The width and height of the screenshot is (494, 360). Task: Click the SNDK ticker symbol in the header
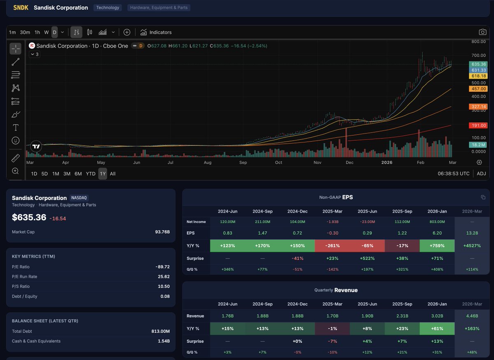click(x=21, y=7)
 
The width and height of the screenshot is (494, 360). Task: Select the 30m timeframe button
click(x=25, y=32)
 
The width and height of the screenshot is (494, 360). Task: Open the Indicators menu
click(x=156, y=32)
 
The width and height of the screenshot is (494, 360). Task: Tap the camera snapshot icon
click(x=482, y=32)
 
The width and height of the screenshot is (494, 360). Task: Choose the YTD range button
click(x=91, y=174)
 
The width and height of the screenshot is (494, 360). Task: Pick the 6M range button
click(x=78, y=174)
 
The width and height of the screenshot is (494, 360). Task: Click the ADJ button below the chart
click(x=481, y=174)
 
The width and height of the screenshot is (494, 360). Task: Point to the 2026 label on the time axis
click(x=387, y=163)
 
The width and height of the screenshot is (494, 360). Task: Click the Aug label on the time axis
click(x=207, y=163)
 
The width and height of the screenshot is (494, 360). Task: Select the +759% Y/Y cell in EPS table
click(x=437, y=246)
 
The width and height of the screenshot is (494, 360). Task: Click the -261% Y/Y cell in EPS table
click(x=333, y=246)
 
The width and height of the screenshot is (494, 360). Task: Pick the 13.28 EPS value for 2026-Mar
click(x=472, y=233)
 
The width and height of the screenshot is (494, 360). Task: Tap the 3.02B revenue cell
click(x=437, y=316)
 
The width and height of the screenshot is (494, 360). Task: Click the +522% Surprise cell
click(x=368, y=258)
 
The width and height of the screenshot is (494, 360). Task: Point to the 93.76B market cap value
click(x=161, y=232)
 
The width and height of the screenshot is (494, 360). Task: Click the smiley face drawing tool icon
click(x=16, y=141)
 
